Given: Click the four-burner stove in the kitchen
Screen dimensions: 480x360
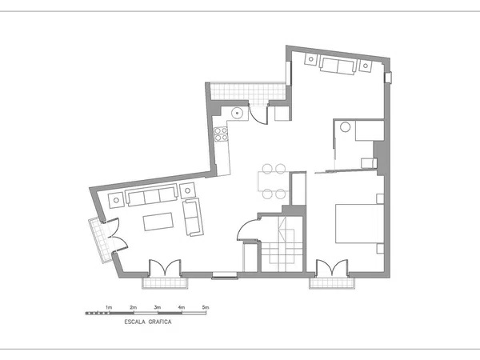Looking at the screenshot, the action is [x=221, y=134].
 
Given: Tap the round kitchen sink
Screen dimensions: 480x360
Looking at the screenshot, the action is [x=237, y=113].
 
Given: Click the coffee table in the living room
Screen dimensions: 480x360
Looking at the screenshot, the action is [x=158, y=222].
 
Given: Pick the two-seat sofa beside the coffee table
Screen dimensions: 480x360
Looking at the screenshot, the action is [x=193, y=217].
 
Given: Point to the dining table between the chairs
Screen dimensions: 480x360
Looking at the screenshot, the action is [x=274, y=182].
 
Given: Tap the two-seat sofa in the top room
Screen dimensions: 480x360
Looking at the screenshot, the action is [x=338, y=66].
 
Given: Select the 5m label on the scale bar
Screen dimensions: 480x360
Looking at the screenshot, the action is [x=206, y=307].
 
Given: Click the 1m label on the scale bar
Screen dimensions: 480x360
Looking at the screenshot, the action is [x=109, y=307].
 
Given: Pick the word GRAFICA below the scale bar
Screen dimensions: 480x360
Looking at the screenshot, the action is [x=160, y=322].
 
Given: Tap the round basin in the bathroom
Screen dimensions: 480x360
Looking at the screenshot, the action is [x=345, y=127].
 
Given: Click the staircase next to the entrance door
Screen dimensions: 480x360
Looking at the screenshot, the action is [x=282, y=244].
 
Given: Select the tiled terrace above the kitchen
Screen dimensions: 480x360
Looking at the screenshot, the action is [x=248, y=91].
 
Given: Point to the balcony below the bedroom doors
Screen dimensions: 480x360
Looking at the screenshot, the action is [x=332, y=283].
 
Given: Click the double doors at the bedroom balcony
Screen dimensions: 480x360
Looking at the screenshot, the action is [x=332, y=267].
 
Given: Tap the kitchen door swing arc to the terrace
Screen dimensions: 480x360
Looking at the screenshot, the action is [x=257, y=114].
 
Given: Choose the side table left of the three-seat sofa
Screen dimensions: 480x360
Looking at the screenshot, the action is [x=116, y=200].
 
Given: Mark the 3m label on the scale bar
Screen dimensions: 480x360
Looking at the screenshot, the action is [x=157, y=307].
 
